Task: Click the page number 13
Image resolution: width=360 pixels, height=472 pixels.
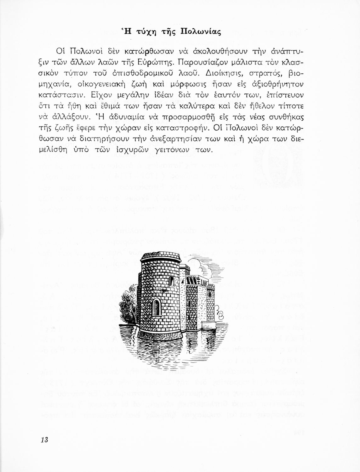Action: [44, 440]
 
